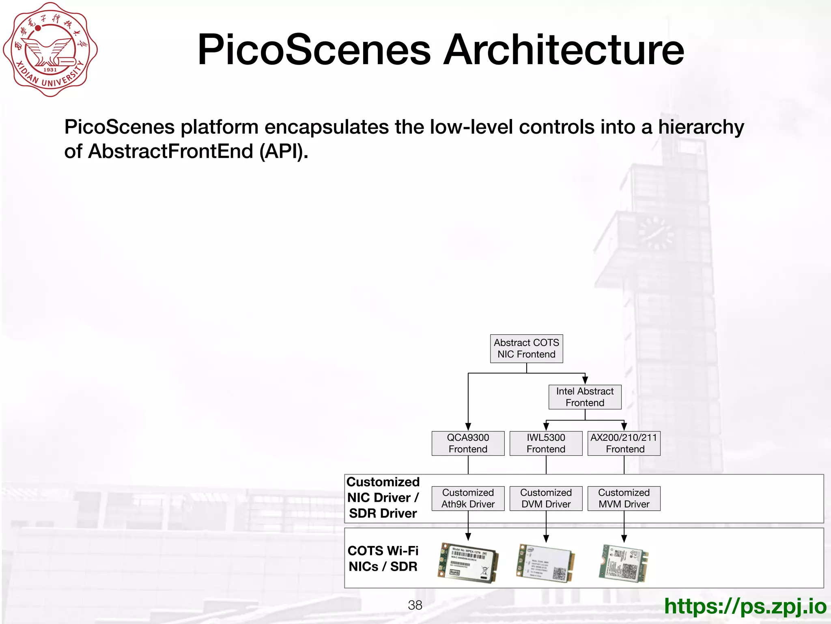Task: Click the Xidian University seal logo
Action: point(50,50)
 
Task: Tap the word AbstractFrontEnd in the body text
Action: point(170,151)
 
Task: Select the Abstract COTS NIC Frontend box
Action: point(526,349)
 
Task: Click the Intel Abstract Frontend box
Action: point(585,397)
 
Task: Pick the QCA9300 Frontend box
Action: point(468,443)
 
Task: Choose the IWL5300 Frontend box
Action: point(546,443)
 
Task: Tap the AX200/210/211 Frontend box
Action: point(624,443)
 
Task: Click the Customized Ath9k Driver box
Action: point(468,498)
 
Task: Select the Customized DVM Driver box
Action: point(546,498)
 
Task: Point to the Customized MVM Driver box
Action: point(624,498)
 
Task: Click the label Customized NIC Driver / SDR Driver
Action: point(383,498)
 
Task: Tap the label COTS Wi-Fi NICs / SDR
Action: point(383,559)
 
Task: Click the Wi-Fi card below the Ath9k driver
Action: point(468,563)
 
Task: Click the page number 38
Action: point(415,605)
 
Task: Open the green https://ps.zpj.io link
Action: point(745,606)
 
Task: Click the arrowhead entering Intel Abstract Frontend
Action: point(585,380)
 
